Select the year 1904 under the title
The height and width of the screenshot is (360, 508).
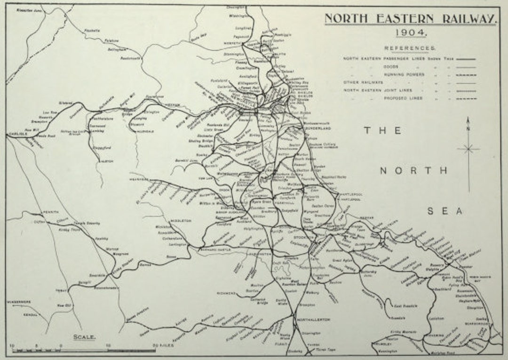(x=411, y=32)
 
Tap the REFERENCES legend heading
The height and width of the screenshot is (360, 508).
(x=410, y=48)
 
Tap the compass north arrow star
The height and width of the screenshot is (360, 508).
(x=468, y=149)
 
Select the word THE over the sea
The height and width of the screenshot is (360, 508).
(x=382, y=131)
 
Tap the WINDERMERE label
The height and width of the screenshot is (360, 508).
(x=19, y=302)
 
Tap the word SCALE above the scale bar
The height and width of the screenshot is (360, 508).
(x=85, y=337)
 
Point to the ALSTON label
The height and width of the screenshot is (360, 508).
(x=107, y=161)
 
